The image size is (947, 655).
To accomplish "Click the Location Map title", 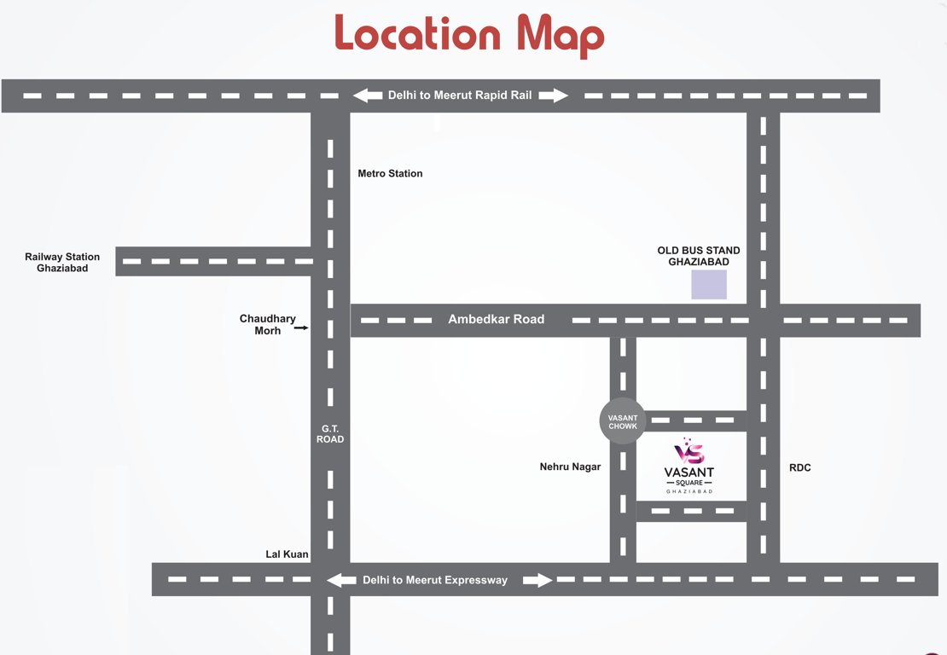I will pyautogui.click(x=469, y=35).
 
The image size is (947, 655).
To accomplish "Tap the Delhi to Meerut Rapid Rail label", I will pyautogui.click(x=460, y=96).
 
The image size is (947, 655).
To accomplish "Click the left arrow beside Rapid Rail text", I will pyautogui.click(x=368, y=96).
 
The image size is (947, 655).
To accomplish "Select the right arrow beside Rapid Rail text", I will pyautogui.click(x=554, y=96).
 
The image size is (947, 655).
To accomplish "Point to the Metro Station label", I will pyautogui.click(x=390, y=174).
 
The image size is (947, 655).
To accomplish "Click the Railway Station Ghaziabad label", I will pyautogui.click(x=62, y=263).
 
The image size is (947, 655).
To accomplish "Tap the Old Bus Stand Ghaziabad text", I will pyautogui.click(x=698, y=256).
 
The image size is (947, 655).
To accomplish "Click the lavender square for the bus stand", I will pyautogui.click(x=709, y=285).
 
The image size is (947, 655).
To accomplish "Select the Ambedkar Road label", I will pyautogui.click(x=496, y=320).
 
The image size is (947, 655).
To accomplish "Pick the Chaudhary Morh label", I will pyautogui.click(x=267, y=325).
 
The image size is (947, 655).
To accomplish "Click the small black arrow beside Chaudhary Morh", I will pyautogui.click(x=300, y=327).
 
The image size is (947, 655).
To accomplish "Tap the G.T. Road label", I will pyautogui.click(x=330, y=433).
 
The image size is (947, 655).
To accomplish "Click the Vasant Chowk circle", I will pyautogui.click(x=623, y=421).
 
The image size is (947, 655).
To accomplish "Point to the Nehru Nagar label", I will pyautogui.click(x=570, y=467).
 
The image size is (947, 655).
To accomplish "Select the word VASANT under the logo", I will pyautogui.click(x=689, y=472).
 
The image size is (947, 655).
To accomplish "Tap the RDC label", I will pyautogui.click(x=800, y=467).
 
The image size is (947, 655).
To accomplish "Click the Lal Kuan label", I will pyautogui.click(x=287, y=554).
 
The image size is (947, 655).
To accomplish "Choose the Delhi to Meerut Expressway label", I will pyautogui.click(x=435, y=580).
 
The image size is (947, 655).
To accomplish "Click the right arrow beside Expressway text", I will pyautogui.click(x=537, y=580).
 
